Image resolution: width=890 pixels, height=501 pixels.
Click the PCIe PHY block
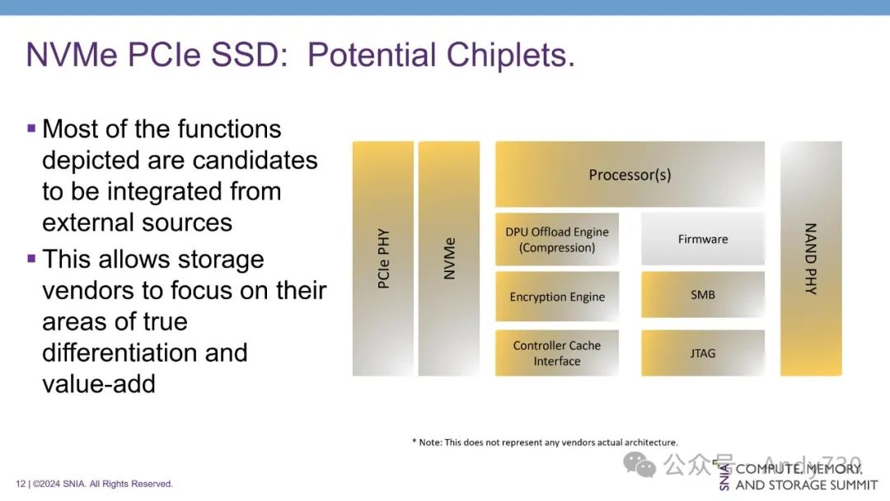click(x=383, y=258)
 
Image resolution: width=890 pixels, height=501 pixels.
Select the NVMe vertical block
click(x=449, y=258)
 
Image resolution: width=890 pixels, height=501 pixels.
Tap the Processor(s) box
click(x=630, y=174)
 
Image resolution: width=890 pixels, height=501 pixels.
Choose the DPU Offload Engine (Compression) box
click(x=557, y=240)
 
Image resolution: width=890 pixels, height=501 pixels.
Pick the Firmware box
click(x=703, y=240)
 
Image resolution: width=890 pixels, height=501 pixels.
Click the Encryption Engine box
click(x=557, y=296)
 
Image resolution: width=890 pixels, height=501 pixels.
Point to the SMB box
click(x=703, y=294)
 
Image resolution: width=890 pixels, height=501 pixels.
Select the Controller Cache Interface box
click(x=557, y=353)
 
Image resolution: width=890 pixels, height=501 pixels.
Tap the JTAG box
click(x=703, y=353)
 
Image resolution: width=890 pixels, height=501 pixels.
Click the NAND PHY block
click(x=811, y=258)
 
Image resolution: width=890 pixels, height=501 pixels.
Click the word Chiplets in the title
click(x=510, y=55)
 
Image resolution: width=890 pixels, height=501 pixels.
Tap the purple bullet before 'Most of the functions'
click(x=31, y=129)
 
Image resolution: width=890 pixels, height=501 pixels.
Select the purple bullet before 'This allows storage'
click(x=31, y=259)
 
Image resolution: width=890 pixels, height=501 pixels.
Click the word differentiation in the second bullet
click(x=145, y=353)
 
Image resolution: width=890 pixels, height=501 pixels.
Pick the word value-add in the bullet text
click(x=99, y=383)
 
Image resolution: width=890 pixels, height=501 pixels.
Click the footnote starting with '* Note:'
click(x=545, y=442)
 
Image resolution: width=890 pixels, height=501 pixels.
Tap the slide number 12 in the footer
click(x=21, y=484)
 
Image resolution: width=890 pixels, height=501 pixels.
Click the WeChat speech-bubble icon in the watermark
click(x=639, y=465)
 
